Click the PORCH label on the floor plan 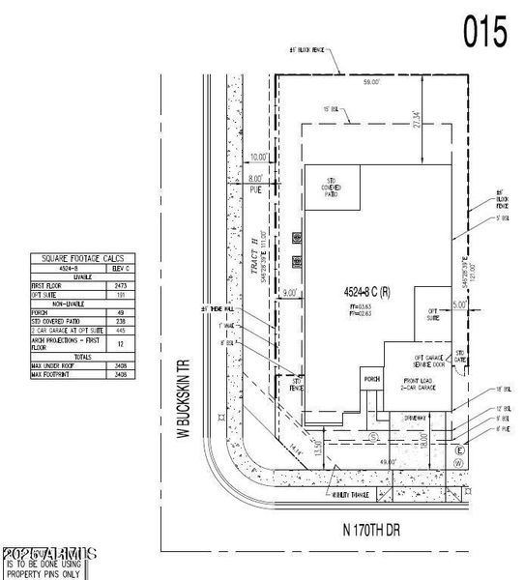[370, 379]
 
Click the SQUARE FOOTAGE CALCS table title [85, 258]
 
